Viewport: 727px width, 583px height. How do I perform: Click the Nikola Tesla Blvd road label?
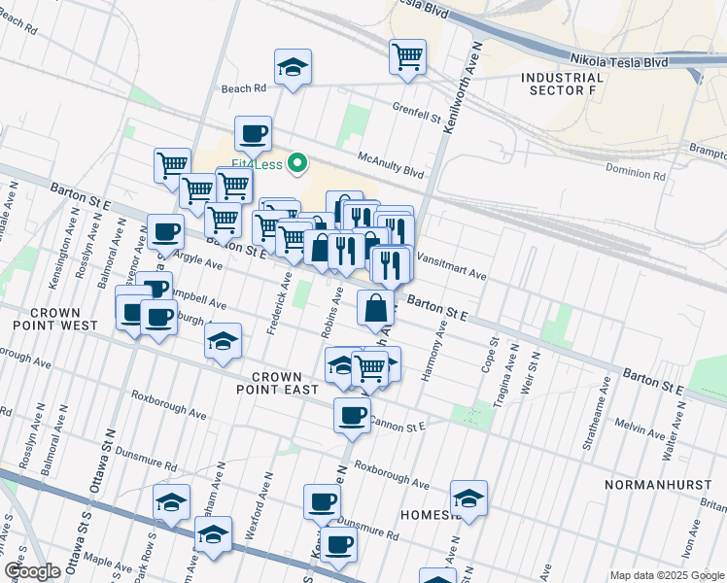tap(619, 61)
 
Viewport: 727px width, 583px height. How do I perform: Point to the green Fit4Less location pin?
tap(300, 163)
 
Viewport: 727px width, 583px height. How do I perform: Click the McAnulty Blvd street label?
tap(391, 166)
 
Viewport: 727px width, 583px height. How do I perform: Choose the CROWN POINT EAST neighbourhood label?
tap(285, 382)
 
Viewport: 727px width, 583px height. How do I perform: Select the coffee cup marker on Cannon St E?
tap(352, 415)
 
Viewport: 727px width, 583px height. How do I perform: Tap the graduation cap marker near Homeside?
tap(468, 498)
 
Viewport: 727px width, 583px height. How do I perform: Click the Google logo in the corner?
tap(32, 570)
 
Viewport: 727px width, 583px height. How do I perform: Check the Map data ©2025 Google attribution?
tap(666, 575)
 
